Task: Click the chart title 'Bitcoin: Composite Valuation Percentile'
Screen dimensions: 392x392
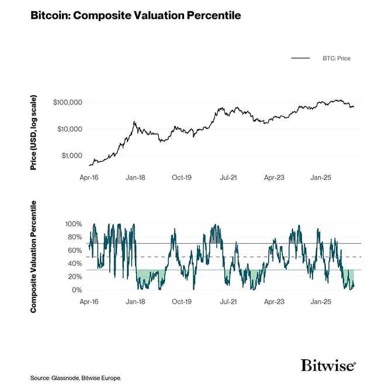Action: [x=135, y=15]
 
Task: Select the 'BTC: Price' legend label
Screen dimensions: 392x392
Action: [x=337, y=58]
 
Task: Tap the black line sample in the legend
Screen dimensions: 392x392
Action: [x=300, y=58]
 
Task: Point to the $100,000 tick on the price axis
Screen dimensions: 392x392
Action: [x=67, y=102]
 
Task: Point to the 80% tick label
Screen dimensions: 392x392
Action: [x=74, y=237]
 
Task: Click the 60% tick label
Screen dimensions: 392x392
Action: [x=74, y=250]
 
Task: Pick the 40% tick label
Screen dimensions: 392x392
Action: [x=74, y=263]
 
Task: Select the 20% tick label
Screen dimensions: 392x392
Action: [x=74, y=277]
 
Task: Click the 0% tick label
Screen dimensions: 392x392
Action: [x=76, y=290]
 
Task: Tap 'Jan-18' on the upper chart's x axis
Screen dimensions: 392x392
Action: [x=136, y=176]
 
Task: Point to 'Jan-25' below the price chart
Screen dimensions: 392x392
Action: [x=321, y=176]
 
